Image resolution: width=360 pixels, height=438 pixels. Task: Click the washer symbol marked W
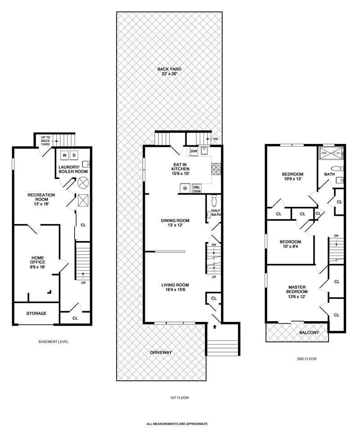pyautogui.click(x=64, y=155)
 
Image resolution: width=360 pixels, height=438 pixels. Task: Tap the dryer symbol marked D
pyautogui.click(x=74, y=155)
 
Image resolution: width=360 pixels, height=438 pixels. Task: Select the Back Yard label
pyautogui.click(x=169, y=72)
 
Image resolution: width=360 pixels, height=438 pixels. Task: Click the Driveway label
pyautogui.click(x=161, y=353)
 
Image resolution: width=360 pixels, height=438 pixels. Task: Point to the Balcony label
pyautogui.click(x=309, y=332)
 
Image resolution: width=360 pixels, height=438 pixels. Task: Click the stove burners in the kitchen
pyautogui.click(x=216, y=169)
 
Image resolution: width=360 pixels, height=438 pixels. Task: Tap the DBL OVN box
pyautogui.click(x=197, y=188)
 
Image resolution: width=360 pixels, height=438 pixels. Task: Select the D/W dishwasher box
pyautogui.click(x=193, y=152)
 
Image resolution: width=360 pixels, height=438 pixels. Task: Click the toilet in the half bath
pyautogui.click(x=214, y=200)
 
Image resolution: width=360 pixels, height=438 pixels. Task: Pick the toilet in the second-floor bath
pyautogui.click(x=337, y=169)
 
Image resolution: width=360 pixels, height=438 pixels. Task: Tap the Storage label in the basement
pyautogui.click(x=36, y=313)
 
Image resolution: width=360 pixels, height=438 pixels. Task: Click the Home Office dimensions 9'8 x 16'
pyautogui.click(x=38, y=267)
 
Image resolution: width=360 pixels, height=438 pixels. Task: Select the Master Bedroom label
pyautogui.click(x=297, y=290)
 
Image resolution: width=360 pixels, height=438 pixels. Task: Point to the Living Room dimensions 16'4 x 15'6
pyautogui.click(x=175, y=290)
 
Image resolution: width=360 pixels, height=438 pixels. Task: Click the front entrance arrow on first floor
pyautogui.click(x=215, y=326)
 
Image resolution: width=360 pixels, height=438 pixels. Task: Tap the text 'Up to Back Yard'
pyautogui.click(x=45, y=141)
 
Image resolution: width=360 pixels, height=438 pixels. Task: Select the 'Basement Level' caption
pyautogui.click(x=54, y=342)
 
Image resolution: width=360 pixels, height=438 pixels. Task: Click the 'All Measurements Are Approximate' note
pyautogui.click(x=177, y=424)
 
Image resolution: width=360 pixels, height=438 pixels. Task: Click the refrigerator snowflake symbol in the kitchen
pyautogui.click(x=185, y=188)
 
